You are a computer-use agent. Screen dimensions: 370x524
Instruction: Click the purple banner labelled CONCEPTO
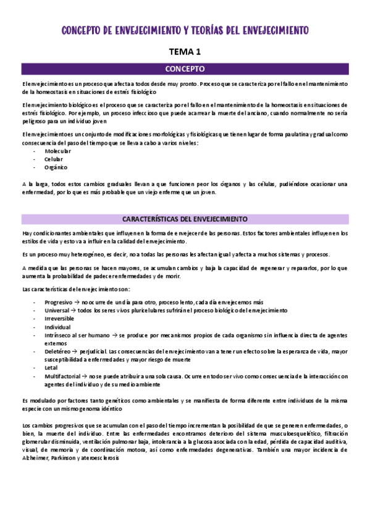coord(185,69)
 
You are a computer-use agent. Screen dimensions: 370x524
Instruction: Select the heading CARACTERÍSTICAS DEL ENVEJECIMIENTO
coord(185,219)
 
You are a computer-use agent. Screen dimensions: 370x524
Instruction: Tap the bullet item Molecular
coord(57,151)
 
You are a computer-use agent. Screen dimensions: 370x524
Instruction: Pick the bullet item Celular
coord(54,159)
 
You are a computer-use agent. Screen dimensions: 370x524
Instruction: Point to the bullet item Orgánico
coord(56,167)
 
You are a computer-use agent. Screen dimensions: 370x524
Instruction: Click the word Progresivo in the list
coord(59,302)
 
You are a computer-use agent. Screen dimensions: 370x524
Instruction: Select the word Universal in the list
coord(57,310)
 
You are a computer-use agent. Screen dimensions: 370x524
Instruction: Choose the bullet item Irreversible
coord(60,318)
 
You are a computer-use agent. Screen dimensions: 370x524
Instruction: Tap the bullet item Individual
coord(57,327)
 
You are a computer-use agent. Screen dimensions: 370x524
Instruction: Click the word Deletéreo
coord(58,351)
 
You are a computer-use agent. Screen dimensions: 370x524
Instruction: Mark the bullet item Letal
coord(51,367)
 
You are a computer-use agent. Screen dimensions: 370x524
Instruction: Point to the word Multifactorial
coord(62,375)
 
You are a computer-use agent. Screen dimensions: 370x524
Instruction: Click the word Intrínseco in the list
coord(59,335)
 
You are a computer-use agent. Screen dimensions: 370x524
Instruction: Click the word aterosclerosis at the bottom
coord(101,465)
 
